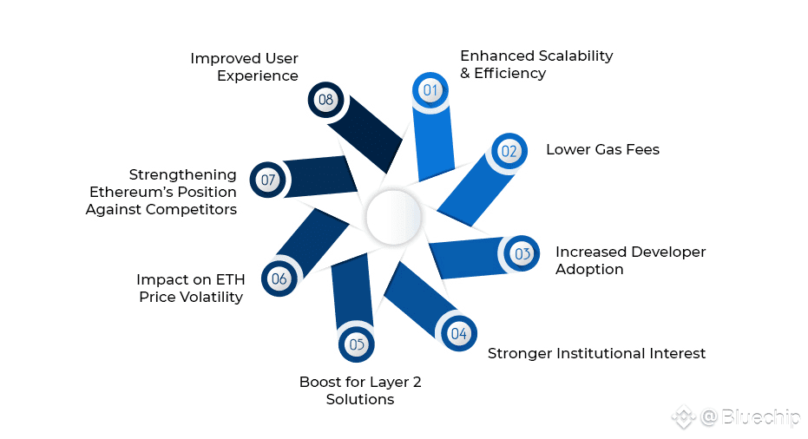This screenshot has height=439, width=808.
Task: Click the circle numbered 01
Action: (x=430, y=90)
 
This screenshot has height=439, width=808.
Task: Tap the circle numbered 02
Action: (x=509, y=151)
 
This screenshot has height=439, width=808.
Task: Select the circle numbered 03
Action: (x=522, y=253)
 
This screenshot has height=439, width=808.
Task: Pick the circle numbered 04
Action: (x=458, y=333)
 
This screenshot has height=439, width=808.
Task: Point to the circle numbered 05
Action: (x=357, y=344)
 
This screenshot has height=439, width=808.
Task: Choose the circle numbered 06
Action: (x=279, y=278)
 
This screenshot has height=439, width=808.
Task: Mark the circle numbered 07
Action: (x=268, y=180)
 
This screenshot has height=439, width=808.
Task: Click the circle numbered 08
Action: (x=325, y=100)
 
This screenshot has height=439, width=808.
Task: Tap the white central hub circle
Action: (x=394, y=218)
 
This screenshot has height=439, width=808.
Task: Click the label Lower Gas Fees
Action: (x=602, y=149)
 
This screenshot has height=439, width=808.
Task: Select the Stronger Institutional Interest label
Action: (x=596, y=353)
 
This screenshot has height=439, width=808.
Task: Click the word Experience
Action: (x=258, y=76)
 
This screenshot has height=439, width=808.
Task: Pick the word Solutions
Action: (x=360, y=399)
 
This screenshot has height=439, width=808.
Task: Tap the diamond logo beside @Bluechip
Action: (x=684, y=416)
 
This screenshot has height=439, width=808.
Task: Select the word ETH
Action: (x=230, y=279)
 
